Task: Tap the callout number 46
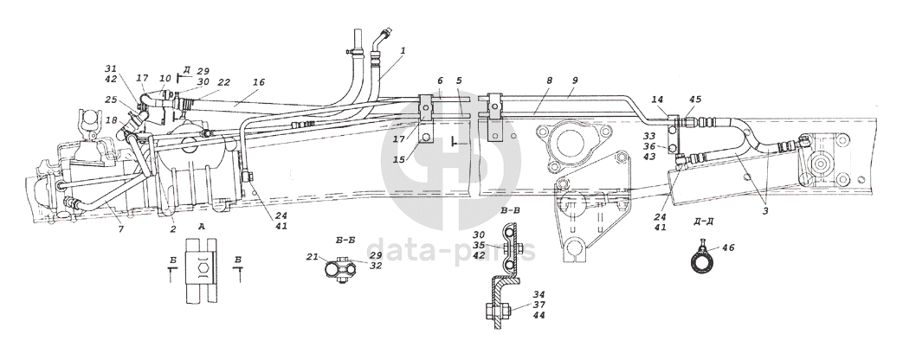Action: click(727, 247)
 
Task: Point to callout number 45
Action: click(695, 99)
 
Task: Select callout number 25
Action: click(111, 100)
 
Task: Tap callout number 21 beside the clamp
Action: click(312, 258)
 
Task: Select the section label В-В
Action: click(510, 210)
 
